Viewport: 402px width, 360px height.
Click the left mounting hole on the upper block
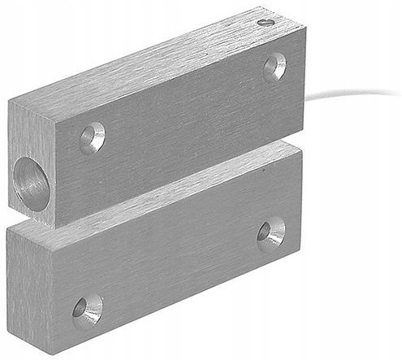click(x=93, y=137)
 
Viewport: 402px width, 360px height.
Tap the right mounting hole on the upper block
click(x=274, y=67)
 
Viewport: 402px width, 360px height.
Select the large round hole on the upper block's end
click(x=30, y=181)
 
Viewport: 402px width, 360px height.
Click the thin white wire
click(x=349, y=90)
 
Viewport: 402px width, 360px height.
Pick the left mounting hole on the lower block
click(x=87, y=309)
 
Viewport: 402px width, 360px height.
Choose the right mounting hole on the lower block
click(x=271, y=232)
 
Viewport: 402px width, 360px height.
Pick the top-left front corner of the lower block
click(x=50, y=232)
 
